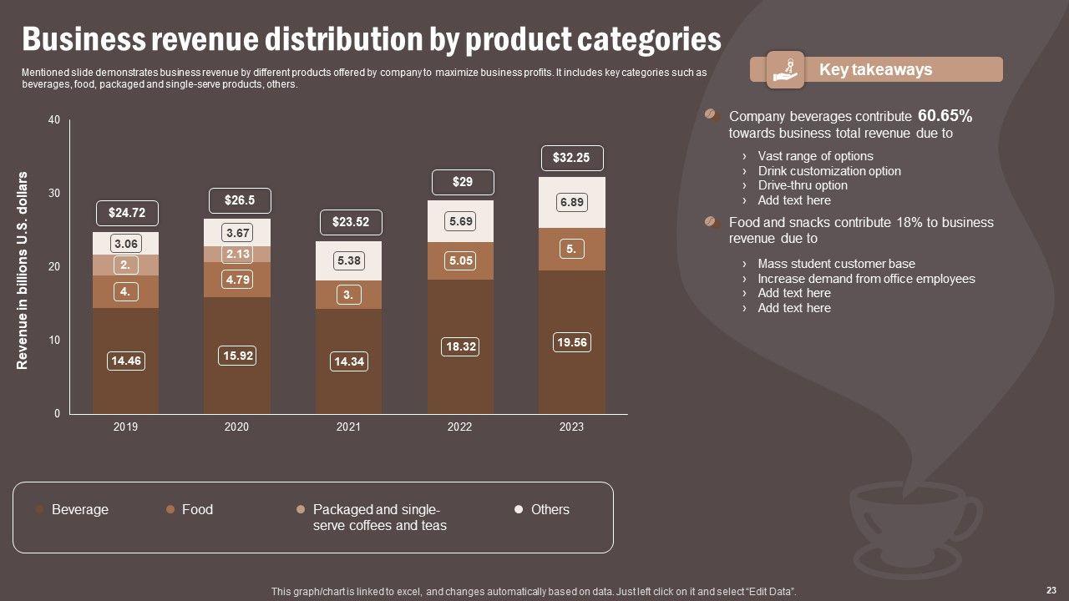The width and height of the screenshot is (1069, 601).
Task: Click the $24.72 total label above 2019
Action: pyautogui.click(x=126, y=213)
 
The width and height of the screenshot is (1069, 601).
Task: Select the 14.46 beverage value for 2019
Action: pyautogui.click(x=125, y=361)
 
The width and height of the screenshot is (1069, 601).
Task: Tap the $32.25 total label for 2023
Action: pyautogui.click(x=572, y=157)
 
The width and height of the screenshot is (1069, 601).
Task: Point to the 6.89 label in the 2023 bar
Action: pyautogui.click(x=572, y=202)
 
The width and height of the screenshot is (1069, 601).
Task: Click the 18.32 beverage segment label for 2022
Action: pyautogui.click(x=460, y=346)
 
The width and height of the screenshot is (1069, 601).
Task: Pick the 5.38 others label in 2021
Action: pyautogui.click(x=348, y=260)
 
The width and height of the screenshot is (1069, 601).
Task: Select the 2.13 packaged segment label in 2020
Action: pyautogui.click(x=237, y=254)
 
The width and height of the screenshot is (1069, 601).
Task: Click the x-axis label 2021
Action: pyautogui.click(x=348, y=427)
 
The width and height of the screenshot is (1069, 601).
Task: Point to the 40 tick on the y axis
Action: pyautogui.click(x=54, y=120)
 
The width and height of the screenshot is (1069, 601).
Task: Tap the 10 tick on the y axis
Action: pyautogui.click(x=54, y=341)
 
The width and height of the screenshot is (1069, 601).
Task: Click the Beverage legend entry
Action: pyautogui.click(x=79, y=509)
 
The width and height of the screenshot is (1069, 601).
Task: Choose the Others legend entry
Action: pyautogui.click(x=550, y=509)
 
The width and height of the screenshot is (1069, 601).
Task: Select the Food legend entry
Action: pyautogui.click(x=197, y=509)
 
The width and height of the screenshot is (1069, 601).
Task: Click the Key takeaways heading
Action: pyautogui.click(x=875, y=69)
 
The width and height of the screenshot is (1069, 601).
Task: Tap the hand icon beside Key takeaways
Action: pyautogui.click(x=785, y=69)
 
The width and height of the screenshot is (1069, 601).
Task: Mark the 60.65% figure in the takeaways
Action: pyautogui.click(x=945, y=116)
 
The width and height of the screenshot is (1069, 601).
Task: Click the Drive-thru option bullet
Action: pyautogui.click(x=802, y=185)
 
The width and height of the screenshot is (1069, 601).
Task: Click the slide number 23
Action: pyautogui.click(x=1051, y=589)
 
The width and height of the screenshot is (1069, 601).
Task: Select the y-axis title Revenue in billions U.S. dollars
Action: pyautogui.click(x=23, y=270)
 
